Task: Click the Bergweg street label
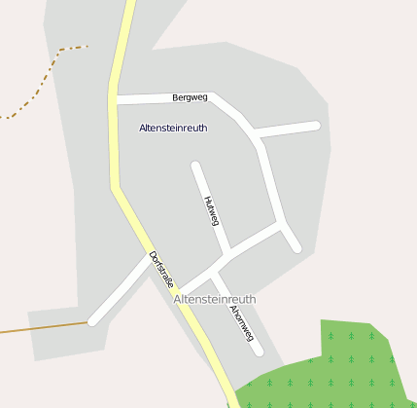pos(190,97)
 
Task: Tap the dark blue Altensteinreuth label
pos(173,128)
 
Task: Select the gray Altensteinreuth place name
pos(214,299)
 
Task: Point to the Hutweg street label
pos(211,211)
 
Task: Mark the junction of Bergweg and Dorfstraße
pos(115,98)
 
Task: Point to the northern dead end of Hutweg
pos(196,167)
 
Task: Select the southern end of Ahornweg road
pos(258,351)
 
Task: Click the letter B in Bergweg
pos(175,97)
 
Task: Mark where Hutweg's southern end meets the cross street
pos(226,255)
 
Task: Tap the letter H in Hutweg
pos(207,200)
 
